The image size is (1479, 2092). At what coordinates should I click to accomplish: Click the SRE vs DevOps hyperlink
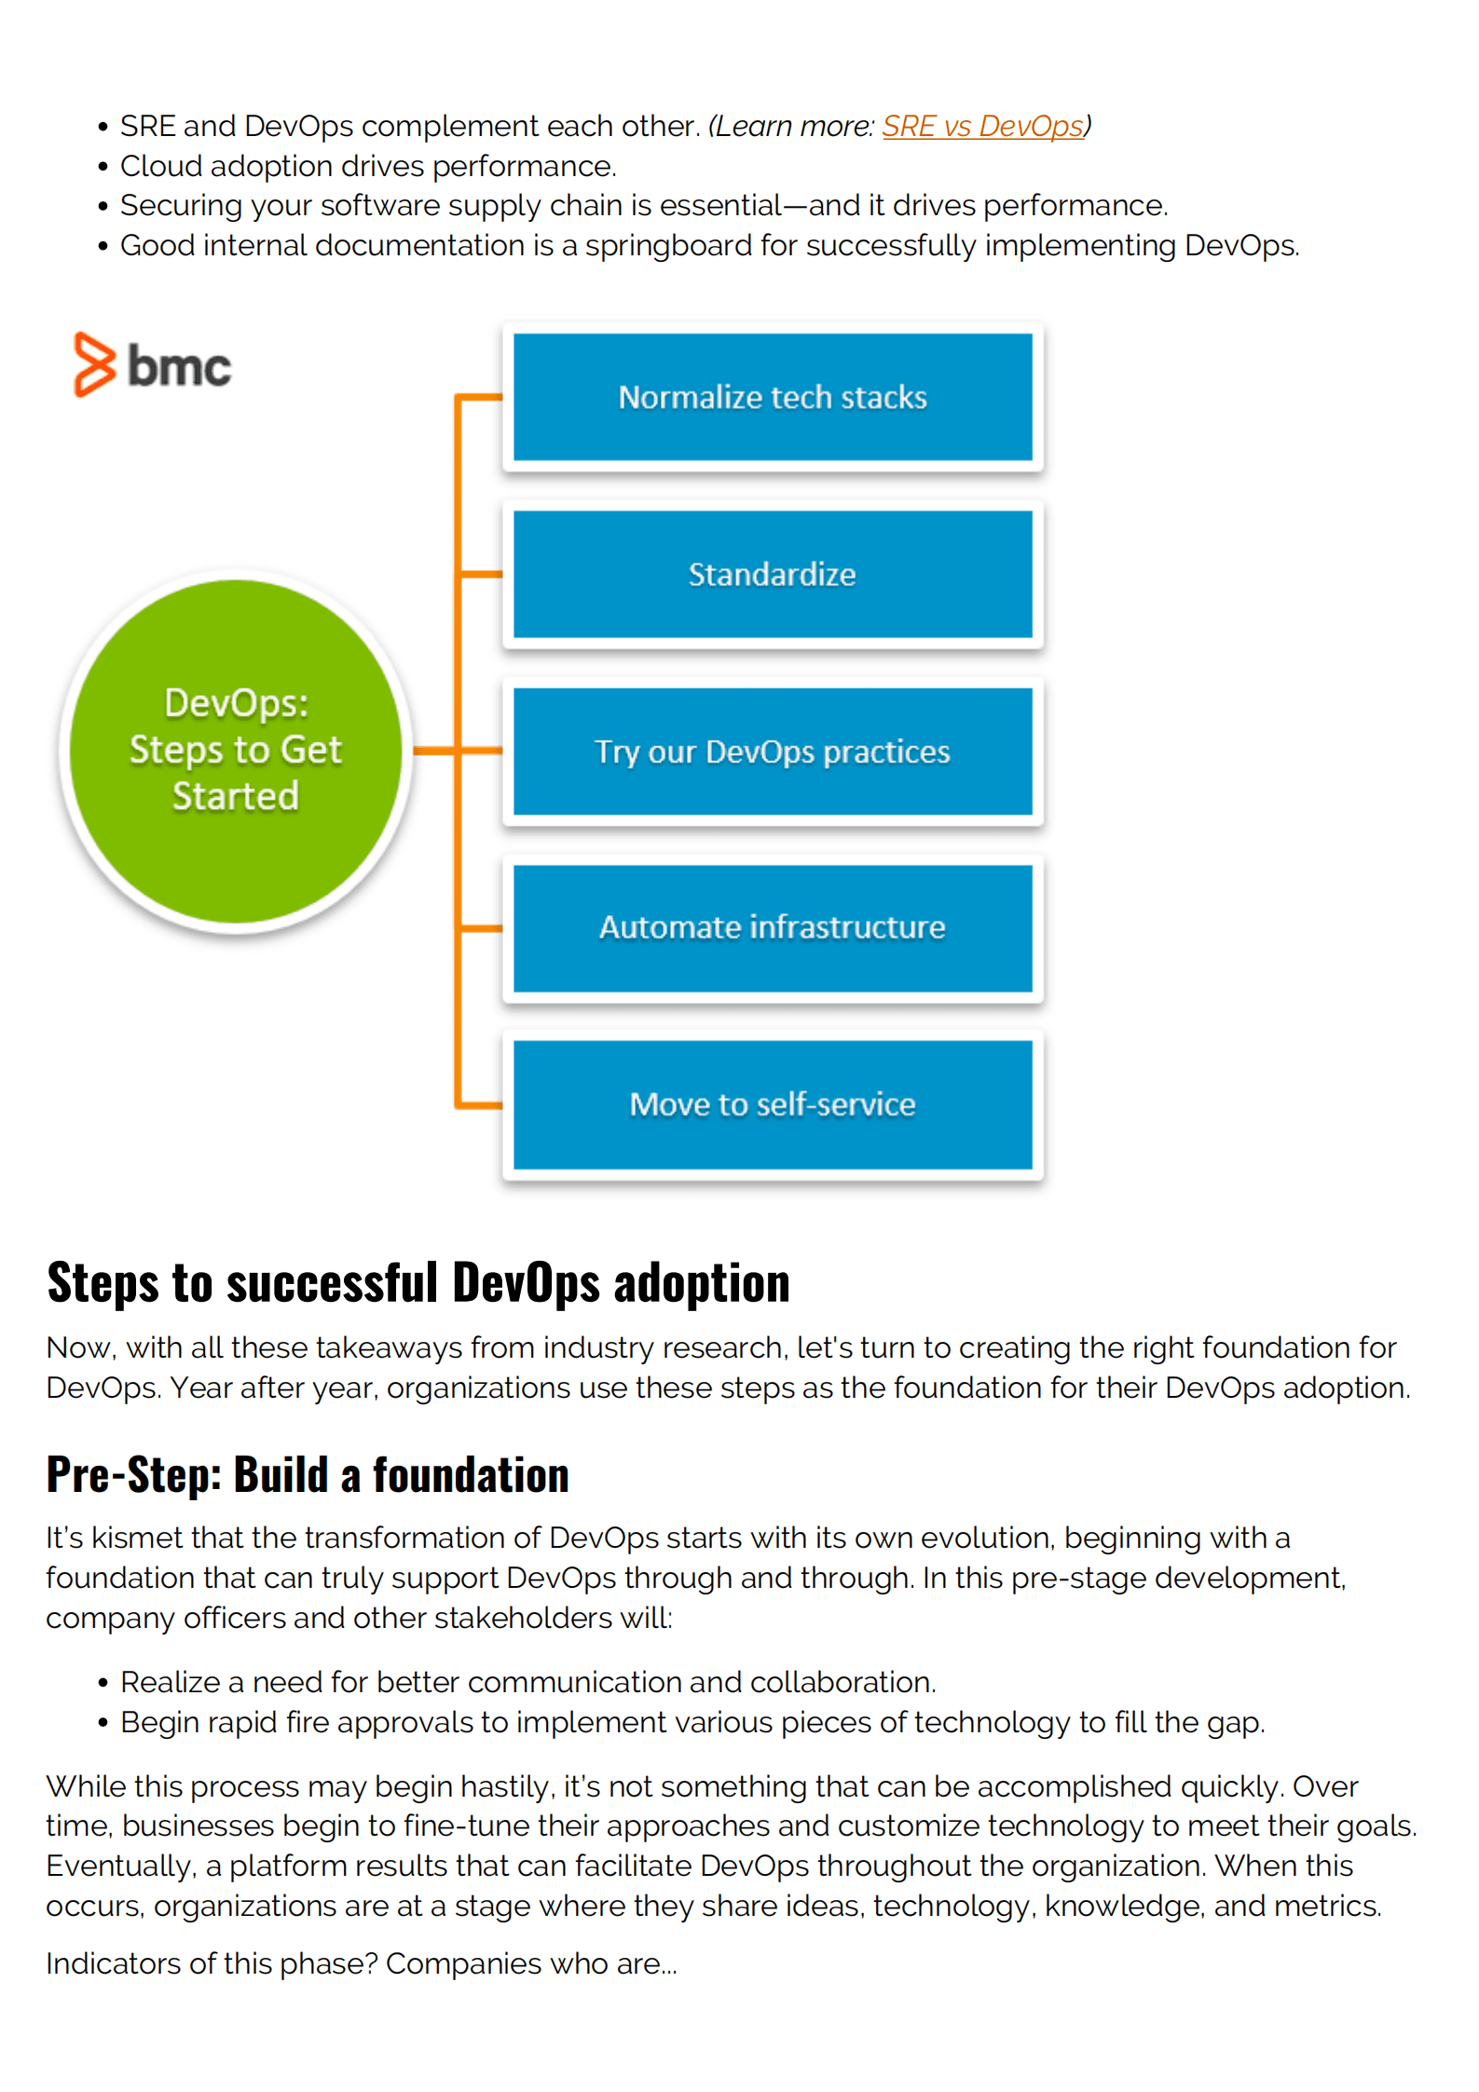click(982, 126)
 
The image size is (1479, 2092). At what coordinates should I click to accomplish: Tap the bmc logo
click(153, 365)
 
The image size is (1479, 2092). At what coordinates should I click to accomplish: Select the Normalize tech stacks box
click(772, 397)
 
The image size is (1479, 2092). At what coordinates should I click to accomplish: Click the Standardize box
click(772, 574)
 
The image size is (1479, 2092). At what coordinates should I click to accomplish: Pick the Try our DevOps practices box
click(772, 751)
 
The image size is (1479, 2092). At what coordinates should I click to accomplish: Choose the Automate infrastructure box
click(772, 928)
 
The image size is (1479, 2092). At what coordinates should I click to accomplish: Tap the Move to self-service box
click(772, 1104)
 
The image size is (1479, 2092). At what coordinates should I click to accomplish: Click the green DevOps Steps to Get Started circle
click(236, 750)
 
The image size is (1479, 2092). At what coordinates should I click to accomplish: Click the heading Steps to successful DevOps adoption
click(418, 1282)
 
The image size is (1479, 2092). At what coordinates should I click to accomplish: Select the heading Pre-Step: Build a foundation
click(308, 1475)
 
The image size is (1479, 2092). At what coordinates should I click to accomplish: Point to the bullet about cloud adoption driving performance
click(368, 166)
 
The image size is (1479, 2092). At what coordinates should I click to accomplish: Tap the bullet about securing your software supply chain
click(643, 205)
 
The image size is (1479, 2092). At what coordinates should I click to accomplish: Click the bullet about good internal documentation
click(708, 245)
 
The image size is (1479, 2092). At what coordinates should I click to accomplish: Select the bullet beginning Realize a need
click(527, 1682)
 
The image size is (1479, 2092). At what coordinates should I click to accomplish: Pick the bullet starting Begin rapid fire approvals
click(692, 1722)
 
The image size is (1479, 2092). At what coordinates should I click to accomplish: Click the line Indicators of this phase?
click(362, 1963)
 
